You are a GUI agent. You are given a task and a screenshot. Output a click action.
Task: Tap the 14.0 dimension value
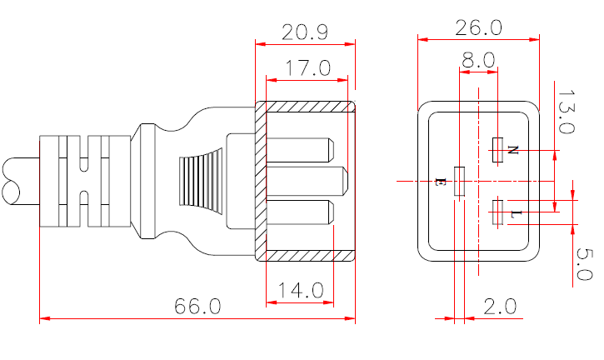(300, 291)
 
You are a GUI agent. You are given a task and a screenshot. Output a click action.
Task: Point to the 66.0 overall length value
(197, 307)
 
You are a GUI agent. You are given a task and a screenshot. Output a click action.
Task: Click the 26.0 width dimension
(478, 27)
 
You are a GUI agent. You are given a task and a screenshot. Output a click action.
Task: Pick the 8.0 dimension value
(477, 60)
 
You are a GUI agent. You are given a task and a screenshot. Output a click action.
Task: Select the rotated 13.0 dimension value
(566, 112)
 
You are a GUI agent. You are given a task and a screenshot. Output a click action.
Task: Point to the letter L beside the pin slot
(515, 214)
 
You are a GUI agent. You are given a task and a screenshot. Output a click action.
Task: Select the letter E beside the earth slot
(441, 181)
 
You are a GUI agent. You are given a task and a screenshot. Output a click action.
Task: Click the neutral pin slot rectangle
(498, 150)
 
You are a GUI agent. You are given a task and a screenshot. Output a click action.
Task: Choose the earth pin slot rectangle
(458, 181)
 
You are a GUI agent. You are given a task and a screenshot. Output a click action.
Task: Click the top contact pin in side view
(300, 149)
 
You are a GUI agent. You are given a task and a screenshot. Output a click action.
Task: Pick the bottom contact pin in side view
(300, 213)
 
